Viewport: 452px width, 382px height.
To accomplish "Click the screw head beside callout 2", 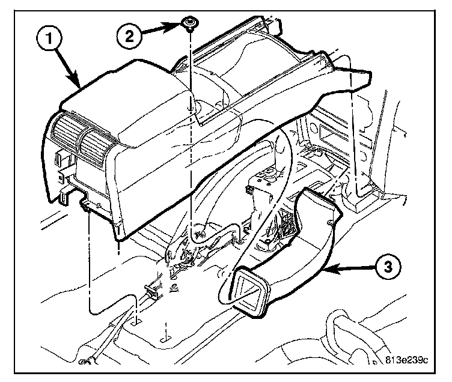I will pos(191,24).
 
